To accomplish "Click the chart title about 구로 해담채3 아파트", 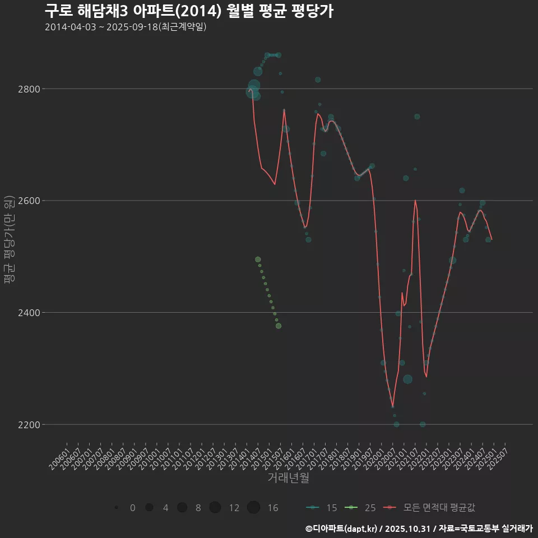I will tap(189, 11).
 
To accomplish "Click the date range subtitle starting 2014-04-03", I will tap(126, 27).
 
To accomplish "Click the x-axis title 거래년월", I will tap(288, 478).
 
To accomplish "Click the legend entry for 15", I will tap(322, 508).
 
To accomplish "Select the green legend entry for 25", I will tap(361, 508).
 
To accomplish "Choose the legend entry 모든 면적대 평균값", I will tap(432, 508).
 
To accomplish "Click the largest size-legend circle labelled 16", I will tap(253, 507).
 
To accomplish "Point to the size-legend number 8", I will tap(198, 508).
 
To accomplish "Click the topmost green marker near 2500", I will tap(258, 259).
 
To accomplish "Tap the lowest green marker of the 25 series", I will tap(279, 326).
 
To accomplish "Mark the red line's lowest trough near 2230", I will tap(393, 407).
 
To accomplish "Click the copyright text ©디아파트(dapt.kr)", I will tap(341, 528).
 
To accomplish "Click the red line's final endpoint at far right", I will tap(491, 239).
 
